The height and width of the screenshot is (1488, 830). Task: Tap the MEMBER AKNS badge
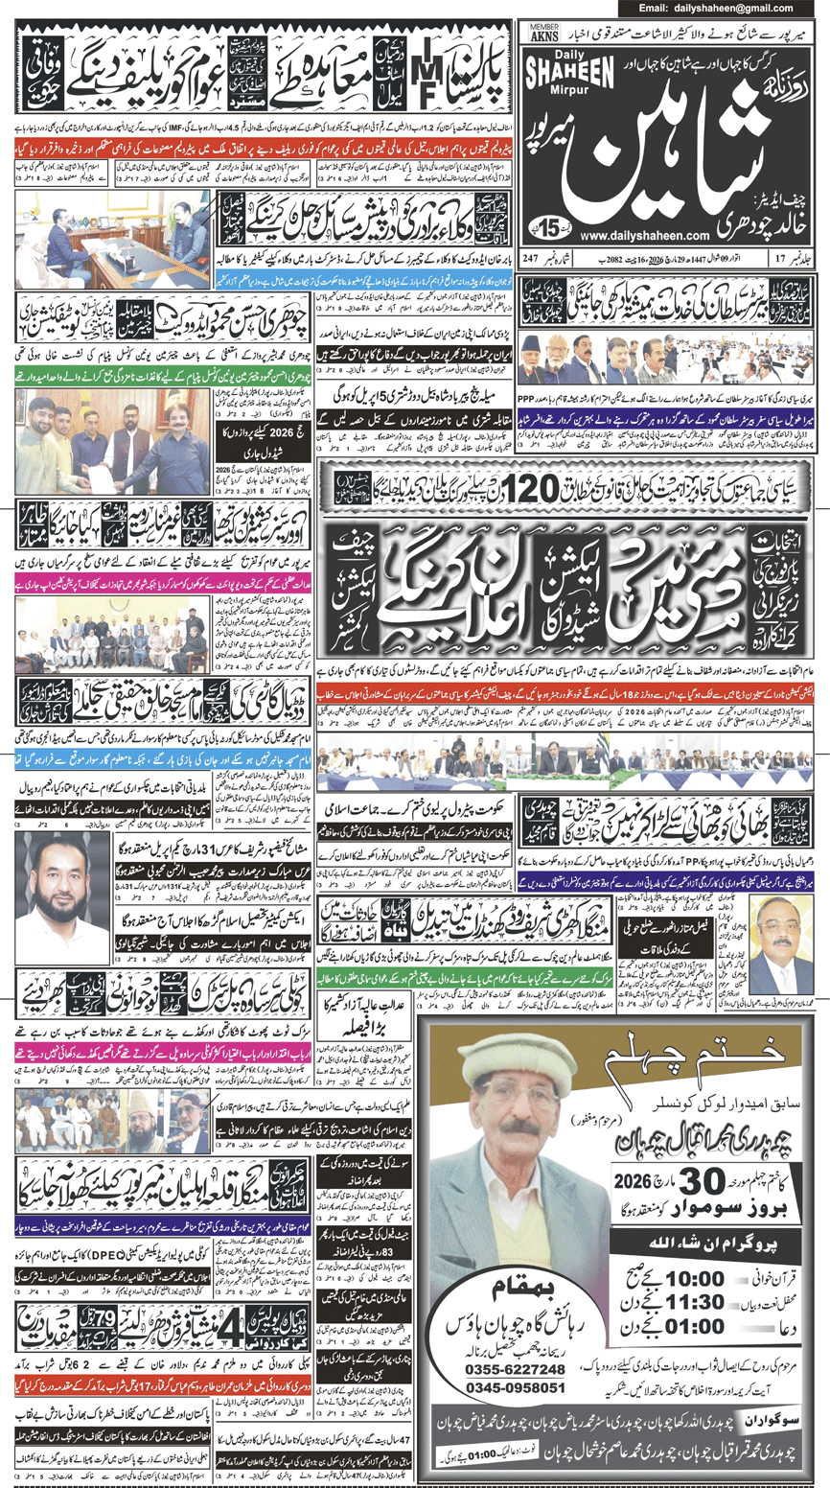(x=545, y=33)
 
